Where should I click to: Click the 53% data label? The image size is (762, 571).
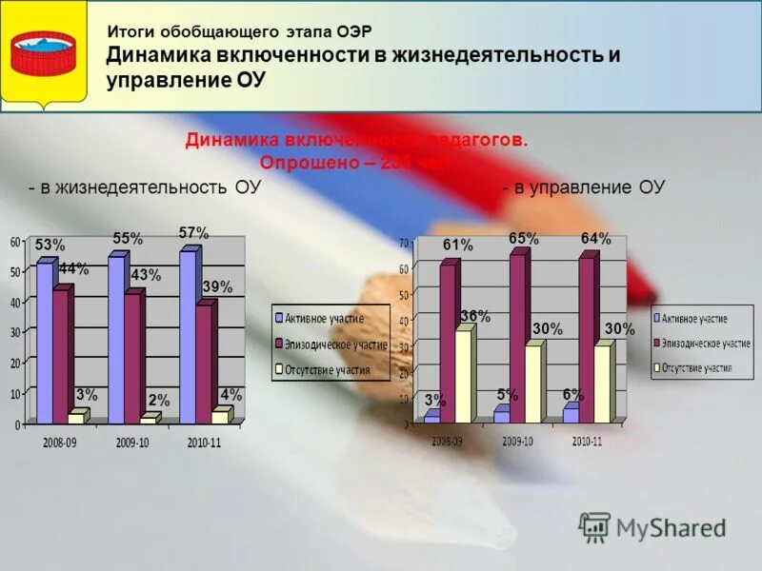(50, 245)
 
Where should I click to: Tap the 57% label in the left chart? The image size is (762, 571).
(193, 232)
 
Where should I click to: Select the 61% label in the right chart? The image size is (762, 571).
(457, 245)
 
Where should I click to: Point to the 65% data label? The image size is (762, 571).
(523, 238)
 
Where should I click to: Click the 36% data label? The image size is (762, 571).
(475, 317)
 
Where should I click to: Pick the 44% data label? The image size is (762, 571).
(73, 269)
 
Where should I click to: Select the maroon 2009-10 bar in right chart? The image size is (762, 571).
(517, 338)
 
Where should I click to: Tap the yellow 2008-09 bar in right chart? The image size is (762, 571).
(463, 376)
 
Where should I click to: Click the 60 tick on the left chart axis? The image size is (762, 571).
(15, 243)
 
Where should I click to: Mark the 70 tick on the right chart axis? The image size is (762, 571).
(403, 242)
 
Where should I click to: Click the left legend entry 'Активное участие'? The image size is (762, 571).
(324, 317)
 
